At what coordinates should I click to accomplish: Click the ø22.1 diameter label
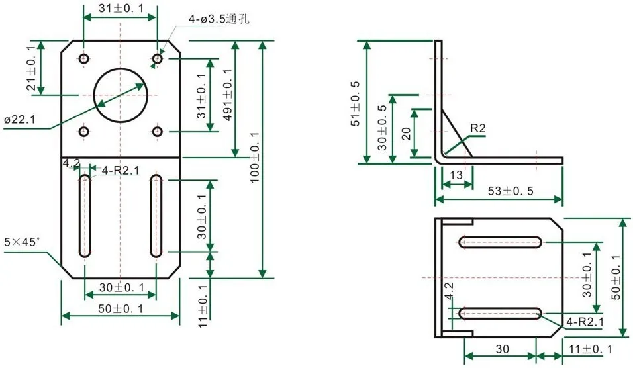(x=20, y=120)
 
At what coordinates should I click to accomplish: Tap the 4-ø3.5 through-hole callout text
(x=219, y=19)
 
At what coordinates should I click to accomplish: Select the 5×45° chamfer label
(x=22, y=242)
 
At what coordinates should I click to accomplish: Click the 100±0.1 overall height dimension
(x=254, y=158)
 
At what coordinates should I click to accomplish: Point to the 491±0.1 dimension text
(x=228, y=95)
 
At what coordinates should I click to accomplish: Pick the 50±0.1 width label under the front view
(x=121, y=309)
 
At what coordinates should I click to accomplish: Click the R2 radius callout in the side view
(x=477, y=128)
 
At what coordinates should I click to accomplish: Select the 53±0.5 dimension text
(x=511, y=191)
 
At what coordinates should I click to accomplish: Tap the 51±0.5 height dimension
(x=356, y=104)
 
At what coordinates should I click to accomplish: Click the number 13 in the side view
(x=456, y=175)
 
